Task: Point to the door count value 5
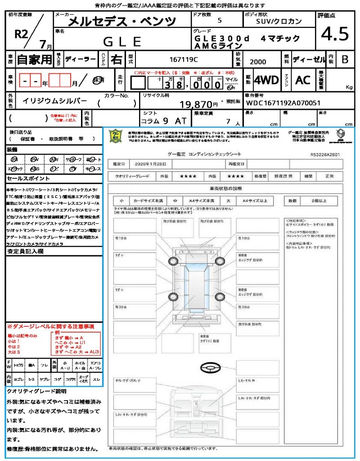point(219,21)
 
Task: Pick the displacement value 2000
point(258,62)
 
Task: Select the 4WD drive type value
point(266,80)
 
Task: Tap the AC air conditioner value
point(303,80)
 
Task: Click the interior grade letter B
point(345,59)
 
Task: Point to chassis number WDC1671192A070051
point(283,103)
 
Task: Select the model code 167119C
point(184,59)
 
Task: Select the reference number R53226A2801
point(325,154)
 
